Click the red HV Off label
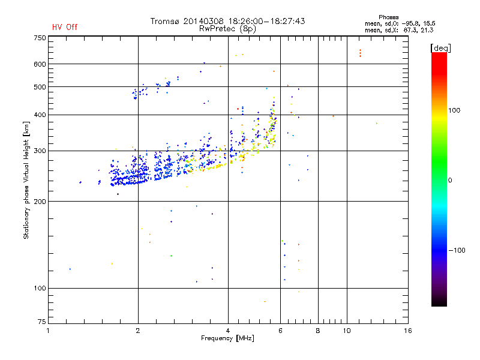coord(65,27)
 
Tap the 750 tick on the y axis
coord(40,38)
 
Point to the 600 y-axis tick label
coord(40,64)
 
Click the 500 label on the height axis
coord(40,87)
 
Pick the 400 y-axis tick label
coord(40,115)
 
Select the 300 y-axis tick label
coord(40,151)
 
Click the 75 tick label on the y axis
coord(41,324)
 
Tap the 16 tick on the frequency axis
coord(407,331)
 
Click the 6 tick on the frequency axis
coord(280,331)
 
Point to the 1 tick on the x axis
coord(49,331)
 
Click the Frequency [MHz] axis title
coord(228,339)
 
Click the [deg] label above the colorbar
coord(440,47)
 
